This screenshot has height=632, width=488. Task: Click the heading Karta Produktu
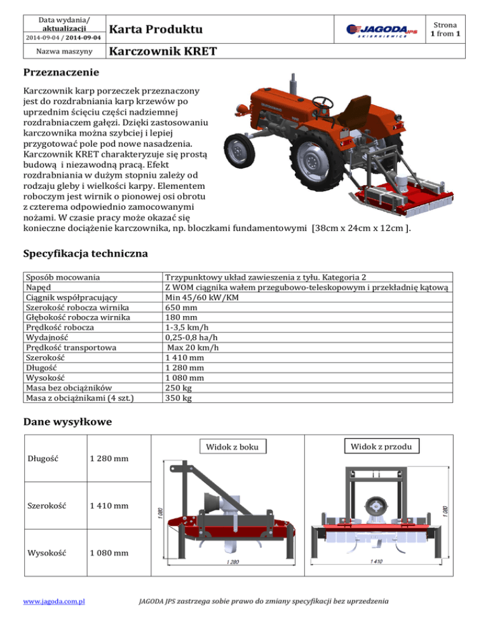(156, 30)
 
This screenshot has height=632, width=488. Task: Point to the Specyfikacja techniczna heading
(85, 254)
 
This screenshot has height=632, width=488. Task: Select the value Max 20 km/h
(193, 347)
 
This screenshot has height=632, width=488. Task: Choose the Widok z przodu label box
(381, 447)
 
